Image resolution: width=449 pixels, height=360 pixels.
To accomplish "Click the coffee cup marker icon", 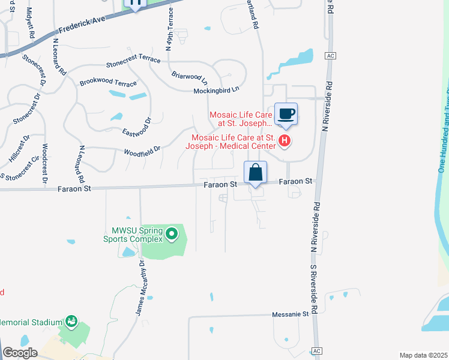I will click(286, 113).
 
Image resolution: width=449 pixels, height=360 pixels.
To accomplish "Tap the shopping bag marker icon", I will click(255, 172).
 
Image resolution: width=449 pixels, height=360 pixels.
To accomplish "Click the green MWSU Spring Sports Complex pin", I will click(172, 234).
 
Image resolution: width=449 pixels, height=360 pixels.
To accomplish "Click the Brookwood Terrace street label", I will click(108, 81).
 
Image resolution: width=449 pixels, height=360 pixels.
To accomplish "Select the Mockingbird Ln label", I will click(216, 90).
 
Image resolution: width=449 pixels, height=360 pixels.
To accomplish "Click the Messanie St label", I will click(290, 314).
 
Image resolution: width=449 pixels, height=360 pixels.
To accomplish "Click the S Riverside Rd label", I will click(312, 282).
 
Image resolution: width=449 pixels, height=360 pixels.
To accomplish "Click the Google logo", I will click(20, 353).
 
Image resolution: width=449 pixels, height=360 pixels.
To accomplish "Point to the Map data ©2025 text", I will click(423, 355).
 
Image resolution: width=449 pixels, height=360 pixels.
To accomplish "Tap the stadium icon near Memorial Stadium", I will click(71, 322).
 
